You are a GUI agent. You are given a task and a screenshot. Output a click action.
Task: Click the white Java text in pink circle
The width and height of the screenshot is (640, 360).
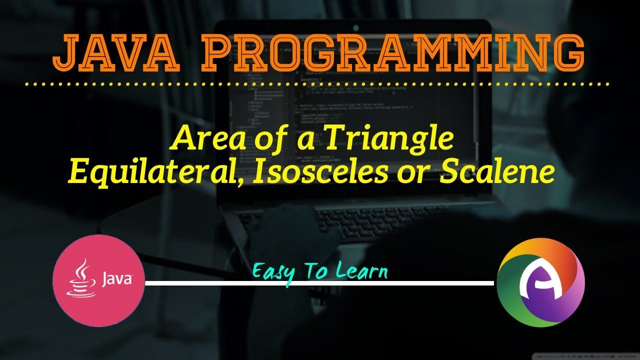pos(117,278)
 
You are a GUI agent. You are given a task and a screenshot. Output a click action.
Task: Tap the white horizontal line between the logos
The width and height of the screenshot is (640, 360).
pos(320,283)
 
